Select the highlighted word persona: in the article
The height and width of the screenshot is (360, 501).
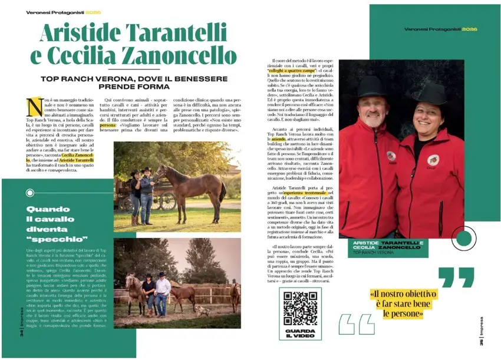[x=108, y=125]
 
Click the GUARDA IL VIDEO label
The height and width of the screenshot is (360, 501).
[x=300, y=334]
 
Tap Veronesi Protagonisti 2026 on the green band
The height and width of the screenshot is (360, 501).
[x=440, y=29]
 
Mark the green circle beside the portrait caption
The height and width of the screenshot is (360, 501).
[x=464, y=239]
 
